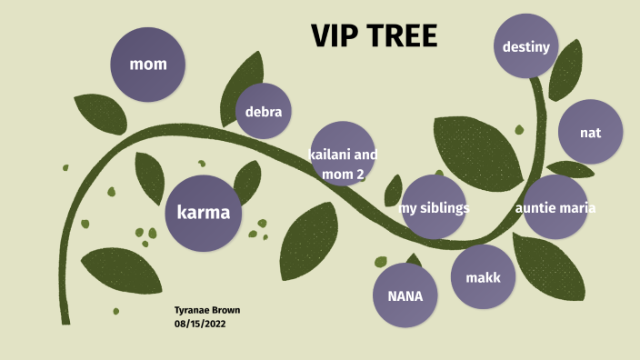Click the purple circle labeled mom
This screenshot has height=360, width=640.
tap(147, 64)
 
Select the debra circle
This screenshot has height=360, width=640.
tap(264, 111)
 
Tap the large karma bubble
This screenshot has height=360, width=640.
tap(204, 213)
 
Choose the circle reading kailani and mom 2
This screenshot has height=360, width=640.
tap(343, 155)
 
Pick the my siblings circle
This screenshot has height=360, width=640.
tap(434, 207)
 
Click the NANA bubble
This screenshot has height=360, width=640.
tap(405, 295)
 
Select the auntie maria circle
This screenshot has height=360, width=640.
tap(555, 207)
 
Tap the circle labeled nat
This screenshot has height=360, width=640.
tap(590, 132)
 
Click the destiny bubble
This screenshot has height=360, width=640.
tap(526, 45)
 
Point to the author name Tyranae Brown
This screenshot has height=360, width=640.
tap(206, 310)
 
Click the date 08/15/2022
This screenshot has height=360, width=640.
tap(200, 323)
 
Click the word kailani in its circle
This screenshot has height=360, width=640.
tap(327, 155)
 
